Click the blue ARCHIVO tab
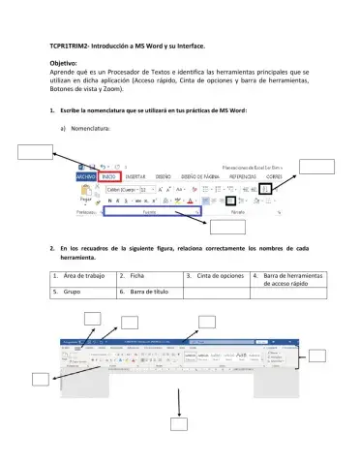pyautogui.click(x=85, y=177)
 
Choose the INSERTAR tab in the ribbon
pyautogui.click(x=135, y=177)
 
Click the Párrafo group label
pyautogui.click(x=238, y=210)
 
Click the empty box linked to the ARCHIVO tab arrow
pyautogui.click(x=35, y=149)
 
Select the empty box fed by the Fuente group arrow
pyautogui.click(x=226, y=228)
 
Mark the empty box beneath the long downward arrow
pyautogui.click(x=179, y=422)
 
